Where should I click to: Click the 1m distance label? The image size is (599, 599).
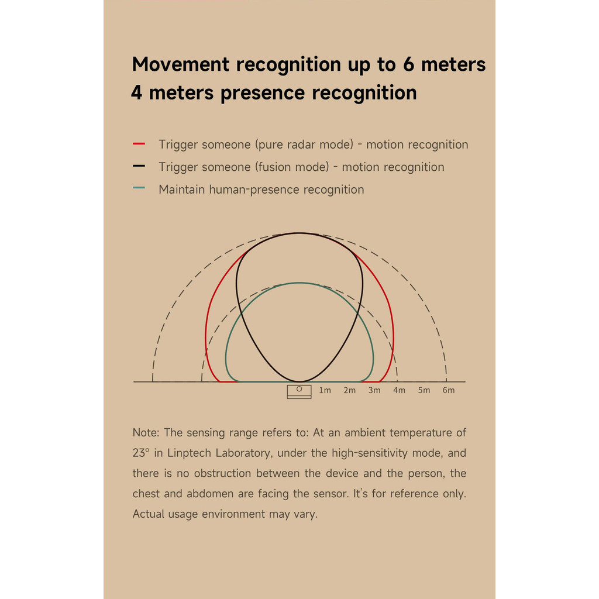tap(325, 390)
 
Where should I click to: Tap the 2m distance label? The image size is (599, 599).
tap(350, 390)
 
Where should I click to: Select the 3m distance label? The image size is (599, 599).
tap(374, 390)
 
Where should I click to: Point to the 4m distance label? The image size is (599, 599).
tap(399, 390)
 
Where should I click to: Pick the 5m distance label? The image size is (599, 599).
tap(424, 390)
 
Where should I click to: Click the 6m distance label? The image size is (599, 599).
tap(449, 390)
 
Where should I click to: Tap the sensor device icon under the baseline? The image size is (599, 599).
tap(299, 391)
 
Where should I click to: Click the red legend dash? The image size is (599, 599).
tap(139, 144)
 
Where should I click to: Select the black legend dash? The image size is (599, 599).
tap(139, 166)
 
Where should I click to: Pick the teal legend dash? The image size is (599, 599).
tap(139, 188)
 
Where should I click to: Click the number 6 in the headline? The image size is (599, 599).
tap(408, 64)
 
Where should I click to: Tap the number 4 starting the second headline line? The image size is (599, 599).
tap(137, 92)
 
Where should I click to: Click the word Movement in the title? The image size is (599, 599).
tap(181, 64)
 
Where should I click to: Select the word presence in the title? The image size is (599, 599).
tap(263, 94)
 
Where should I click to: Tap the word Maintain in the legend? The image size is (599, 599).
tap(182, 190)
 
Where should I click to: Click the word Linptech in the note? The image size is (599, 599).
tap(190, 453)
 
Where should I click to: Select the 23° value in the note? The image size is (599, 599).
tap(140, 453)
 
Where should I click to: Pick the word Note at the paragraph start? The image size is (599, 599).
tap(145, 433)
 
